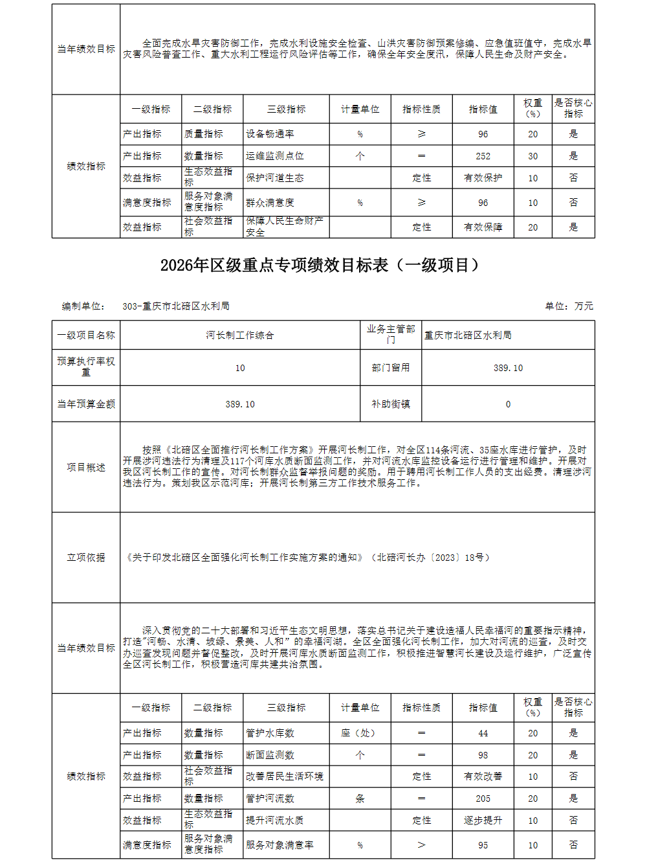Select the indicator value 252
(x=483, y=156)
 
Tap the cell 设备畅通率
(x=270, y=134)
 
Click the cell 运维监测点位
(x=275, y=156)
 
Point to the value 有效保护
(x=483, y=178)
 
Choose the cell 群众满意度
(x=270, y=203)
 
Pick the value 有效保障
(x=483, y=227)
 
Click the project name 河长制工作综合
(x=240, y=335)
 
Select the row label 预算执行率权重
(x=86, y=367)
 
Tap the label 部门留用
(x=391, y=368)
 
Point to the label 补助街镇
(x=391, y=404)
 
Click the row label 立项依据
(x=86, y=558)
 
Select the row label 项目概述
(x=86, y=468)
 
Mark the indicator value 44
(x=483, y=733)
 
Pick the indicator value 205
(x=483, y=799)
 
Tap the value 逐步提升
(x=483, y=821)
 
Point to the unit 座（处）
(x=360, y=733)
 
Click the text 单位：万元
(x=569, y=306)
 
